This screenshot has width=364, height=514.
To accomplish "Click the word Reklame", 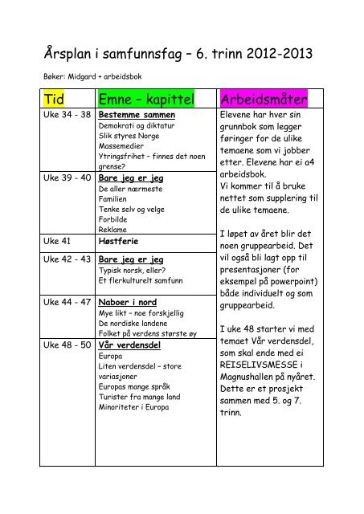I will pyautogui.click(x=112, y=228).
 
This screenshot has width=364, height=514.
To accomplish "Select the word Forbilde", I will pyautogui.click(x=113, y=217).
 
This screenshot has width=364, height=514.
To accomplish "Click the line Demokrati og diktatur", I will pyautogui.click(x=137, y=127).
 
